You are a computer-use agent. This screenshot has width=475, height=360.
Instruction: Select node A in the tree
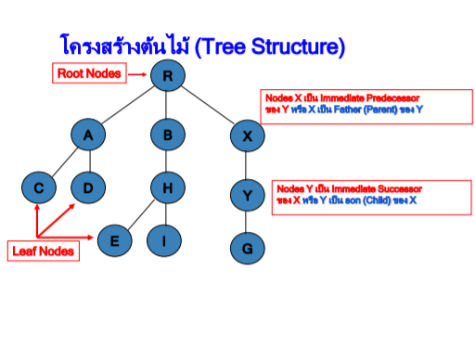[88, 135]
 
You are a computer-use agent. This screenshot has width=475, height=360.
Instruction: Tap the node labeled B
[168, 135]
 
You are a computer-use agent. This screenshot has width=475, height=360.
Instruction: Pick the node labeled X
[248, 135]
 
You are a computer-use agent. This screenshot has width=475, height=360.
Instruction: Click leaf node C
[39, 188]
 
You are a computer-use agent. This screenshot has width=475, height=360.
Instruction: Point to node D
[88, 188]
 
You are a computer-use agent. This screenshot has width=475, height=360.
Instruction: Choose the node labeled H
[168, 188]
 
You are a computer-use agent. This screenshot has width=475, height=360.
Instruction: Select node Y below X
[248, 195]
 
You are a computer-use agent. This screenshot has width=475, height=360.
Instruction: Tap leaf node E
[114, 241]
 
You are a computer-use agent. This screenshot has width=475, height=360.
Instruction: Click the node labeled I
[164, 241]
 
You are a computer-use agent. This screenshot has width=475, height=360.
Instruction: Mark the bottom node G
[248, 248]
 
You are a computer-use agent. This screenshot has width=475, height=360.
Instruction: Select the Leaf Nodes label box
[43, 250]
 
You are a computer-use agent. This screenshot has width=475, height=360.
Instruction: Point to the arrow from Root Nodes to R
[136, 74]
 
